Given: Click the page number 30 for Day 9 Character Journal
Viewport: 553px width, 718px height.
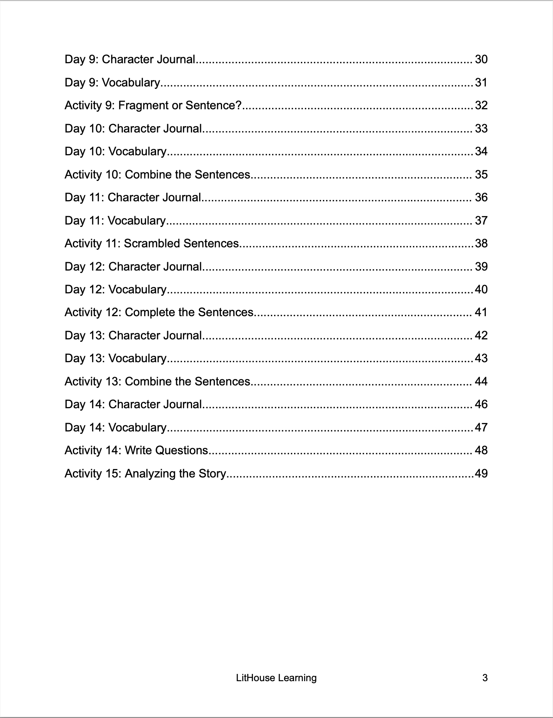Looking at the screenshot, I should (x=481, y=60).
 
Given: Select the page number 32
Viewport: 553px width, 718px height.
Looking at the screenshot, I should (x=481, y=106).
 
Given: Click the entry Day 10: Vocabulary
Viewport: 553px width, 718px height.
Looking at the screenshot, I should (x=116, y=152).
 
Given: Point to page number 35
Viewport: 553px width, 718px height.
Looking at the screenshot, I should (x=481, y=174).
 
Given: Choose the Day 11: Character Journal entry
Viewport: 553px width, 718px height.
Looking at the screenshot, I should (x=133, y=198).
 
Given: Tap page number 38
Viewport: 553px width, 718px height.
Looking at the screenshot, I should (x=481, y=244).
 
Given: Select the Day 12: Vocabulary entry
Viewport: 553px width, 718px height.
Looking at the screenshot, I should (x=116, y=290).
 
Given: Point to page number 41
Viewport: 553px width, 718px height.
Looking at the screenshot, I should (x=481, y=313).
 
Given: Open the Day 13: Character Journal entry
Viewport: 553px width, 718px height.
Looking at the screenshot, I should (x=133, y=336).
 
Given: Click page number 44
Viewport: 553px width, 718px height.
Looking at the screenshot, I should (x=481, y=382).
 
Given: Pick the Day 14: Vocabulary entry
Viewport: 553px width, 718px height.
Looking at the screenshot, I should (x=116, y=428).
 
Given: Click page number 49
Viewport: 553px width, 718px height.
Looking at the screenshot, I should (x=481, y=474).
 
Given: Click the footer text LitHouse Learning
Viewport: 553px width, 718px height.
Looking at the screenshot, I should (x=276, y=678).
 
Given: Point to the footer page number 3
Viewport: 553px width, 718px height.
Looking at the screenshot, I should (x=485, y=678).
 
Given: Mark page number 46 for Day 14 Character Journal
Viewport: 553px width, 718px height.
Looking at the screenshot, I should (x=481, y=405).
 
